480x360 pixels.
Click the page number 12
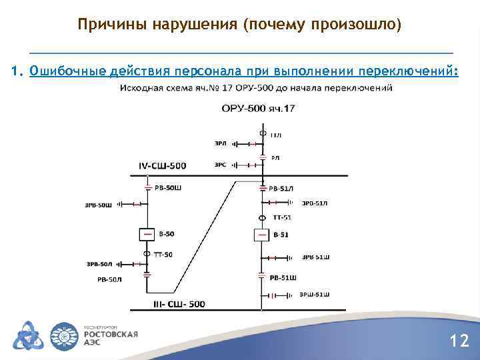click(x=459, y=341)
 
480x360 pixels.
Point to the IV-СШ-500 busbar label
click(x=163, y=165)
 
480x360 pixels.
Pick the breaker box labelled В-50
click(x=147, y=234)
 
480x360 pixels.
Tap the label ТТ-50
click(x=163, y=254)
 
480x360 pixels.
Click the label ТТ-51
click(x=282, y=217)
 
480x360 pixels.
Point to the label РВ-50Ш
click(x=167, y=189)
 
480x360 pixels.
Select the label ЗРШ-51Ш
click(x=314, y=294)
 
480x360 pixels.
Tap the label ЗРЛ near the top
click(x=221, y=143)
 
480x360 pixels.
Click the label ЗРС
click(x=221, y=163)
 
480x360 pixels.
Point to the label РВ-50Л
click(x=110, y=279)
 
